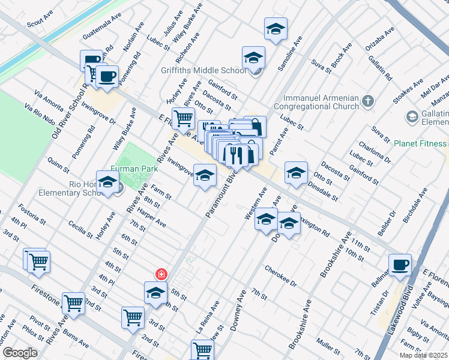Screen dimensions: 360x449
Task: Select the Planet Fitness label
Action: pyautogui.click(x=420, y=143)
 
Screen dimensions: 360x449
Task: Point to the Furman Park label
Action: pyautogui.click(x=133, y=170)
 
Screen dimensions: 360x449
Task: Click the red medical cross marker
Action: pyautogui.click(x=161, y=274)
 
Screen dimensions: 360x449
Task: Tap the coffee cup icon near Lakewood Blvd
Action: pyautogui.click(x=400, y=265)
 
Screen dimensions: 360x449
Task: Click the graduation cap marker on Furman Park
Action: pyautogui.click(x=107, y=182)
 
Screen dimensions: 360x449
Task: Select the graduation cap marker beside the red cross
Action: pyautogui.click(x=155, y=292)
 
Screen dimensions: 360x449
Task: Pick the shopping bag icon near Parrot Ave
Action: pyautogui.click(x=255, y=127)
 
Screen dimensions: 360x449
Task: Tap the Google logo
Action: pyautogui.click(x=20, y=352)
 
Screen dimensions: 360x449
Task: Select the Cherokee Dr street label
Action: pyautogui.click(x=281, y=277)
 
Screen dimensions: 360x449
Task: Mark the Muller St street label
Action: pyautogui.click(x=329, y=347)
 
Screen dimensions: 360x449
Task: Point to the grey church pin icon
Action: pyautogui.click(x=369, y=100)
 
